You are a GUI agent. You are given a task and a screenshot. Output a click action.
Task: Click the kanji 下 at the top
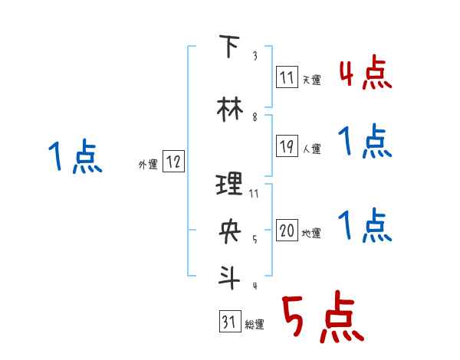click(x=228, y=47)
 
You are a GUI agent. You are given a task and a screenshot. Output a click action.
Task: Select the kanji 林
click(x=228, y=109)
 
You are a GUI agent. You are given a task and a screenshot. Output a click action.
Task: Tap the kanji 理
click(x=229, y=183)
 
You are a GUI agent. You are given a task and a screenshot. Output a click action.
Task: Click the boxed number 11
click(x=287, y=77)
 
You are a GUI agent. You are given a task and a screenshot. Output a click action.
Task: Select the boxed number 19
click(x=287, y=146)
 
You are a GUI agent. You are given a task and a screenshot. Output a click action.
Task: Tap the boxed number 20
click(x=287, y=231)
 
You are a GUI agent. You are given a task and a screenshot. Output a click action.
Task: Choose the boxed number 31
click(x=228, y=322)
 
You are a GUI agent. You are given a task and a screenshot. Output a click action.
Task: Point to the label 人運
click(x=310, y=148)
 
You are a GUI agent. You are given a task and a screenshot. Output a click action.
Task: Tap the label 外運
click(x=148, y=163)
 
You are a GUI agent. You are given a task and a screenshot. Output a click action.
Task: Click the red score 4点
click(x=365, y=74)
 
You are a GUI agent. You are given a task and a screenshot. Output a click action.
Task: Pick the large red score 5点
click(x=320, y=320)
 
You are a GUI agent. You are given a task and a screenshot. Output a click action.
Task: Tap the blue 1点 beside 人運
click(x=365, y=142)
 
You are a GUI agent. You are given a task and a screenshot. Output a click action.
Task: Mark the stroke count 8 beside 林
click(x=255, y=118)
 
